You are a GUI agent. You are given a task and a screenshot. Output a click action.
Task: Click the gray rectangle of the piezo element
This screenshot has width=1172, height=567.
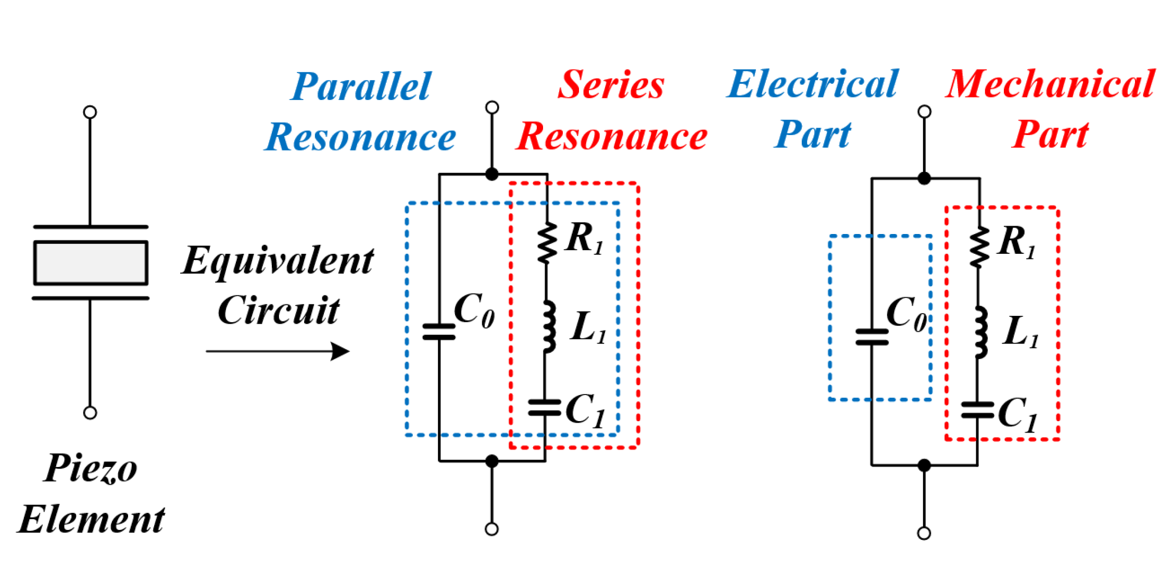tap(91, 263)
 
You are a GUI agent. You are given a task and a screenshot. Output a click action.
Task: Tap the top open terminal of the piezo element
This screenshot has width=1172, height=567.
tap(90, 112)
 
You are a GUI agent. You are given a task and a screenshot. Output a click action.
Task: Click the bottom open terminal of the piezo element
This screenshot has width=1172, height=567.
tap(90, 413)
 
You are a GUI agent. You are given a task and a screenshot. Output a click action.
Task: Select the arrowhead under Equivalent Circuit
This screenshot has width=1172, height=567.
tap(341, 351)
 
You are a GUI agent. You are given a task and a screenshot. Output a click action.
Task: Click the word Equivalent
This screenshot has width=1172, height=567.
tap(278, 261)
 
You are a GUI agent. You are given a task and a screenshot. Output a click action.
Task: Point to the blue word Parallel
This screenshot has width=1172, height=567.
tap(361, 87)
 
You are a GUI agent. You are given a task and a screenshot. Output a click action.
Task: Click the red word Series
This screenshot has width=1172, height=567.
tap(611, 84)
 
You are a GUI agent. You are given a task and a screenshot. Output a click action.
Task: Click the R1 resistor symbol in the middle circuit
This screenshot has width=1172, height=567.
tap(547, 243)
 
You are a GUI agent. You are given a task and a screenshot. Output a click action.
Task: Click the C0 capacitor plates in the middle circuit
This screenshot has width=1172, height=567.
tap(439, 331)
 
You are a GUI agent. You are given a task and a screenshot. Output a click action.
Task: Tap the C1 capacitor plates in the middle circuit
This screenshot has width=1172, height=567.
tap(545, 408)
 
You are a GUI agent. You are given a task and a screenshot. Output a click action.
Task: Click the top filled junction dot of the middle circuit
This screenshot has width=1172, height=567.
tap(492, 174)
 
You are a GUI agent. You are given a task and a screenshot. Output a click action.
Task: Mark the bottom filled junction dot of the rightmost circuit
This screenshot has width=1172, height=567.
tap(924, 465)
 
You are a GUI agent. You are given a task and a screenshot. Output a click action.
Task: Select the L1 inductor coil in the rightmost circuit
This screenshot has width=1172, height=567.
tap(980, 332)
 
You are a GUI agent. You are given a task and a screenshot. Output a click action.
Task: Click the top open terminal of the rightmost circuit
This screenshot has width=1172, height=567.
tap(924, 112)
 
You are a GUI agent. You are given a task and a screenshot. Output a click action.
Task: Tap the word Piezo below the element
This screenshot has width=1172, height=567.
tap(90, 468)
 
